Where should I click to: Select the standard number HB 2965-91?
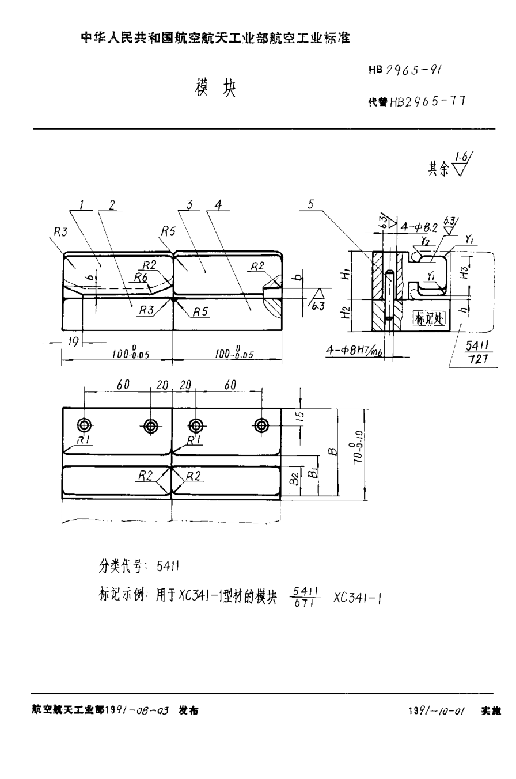click(405, 70)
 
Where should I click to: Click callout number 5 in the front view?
click(311, 204)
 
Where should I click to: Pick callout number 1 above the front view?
click(83, 204)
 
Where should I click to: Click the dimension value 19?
click(73, 341)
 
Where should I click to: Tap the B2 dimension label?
click(294, 477)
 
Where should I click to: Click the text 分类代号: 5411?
click(139, 567)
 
